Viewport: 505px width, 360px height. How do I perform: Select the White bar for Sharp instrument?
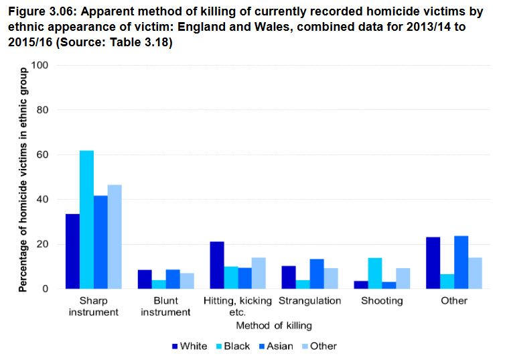click(72, 251)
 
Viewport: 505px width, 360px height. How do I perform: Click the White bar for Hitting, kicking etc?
click(216, 265)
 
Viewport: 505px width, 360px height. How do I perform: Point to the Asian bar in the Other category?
click(461, 262)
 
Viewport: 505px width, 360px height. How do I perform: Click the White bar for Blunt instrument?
click(144, 280)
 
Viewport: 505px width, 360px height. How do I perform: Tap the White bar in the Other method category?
click(433, 263)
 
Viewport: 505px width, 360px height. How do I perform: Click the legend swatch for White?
click(175, 347)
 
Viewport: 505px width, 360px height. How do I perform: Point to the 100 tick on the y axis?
click(44, 65)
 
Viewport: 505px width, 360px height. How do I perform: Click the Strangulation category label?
click(309, 301)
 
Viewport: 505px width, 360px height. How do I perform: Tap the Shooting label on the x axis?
click(382, 301)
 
